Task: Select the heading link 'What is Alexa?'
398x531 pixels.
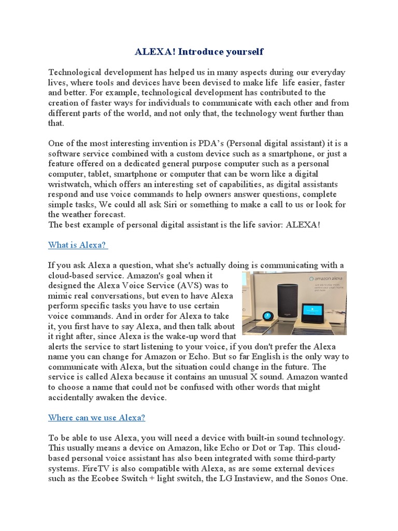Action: click(78, 245)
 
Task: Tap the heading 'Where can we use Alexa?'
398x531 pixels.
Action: click(97, 417)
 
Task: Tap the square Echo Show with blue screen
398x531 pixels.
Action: click(312, 312)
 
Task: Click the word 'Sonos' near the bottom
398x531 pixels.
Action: click(315, 479)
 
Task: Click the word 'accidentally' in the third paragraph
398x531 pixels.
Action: click(74, 397)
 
